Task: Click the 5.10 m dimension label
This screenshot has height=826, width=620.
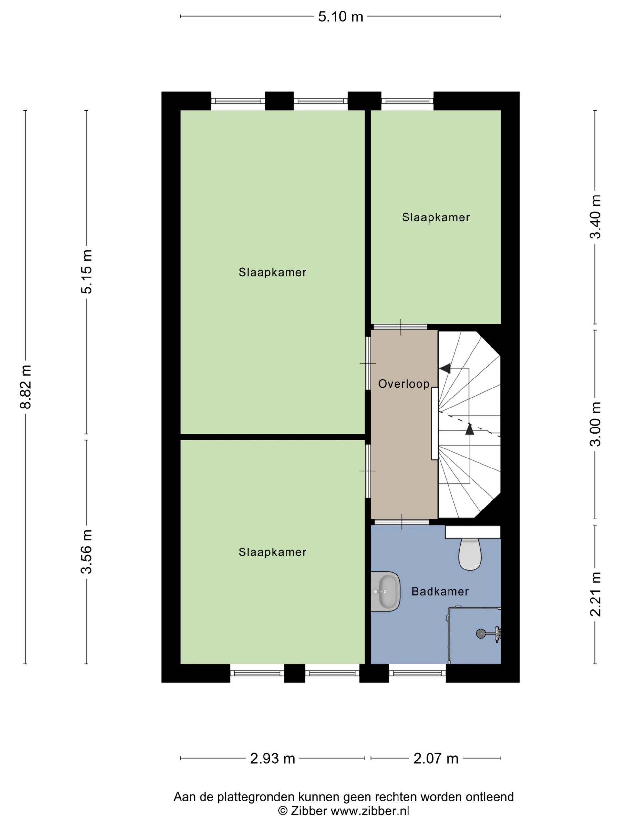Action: [340, 17]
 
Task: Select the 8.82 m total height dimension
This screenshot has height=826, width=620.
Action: [26, 387]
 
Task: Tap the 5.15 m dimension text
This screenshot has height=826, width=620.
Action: [86, 272]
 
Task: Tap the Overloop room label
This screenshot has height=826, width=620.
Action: [404, 384]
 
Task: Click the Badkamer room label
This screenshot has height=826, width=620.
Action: [440, 591]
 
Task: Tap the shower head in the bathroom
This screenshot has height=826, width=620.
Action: [480, 633]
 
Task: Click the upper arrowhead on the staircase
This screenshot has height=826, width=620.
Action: [445, 368]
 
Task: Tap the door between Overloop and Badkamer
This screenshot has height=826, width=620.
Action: [402, 522]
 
